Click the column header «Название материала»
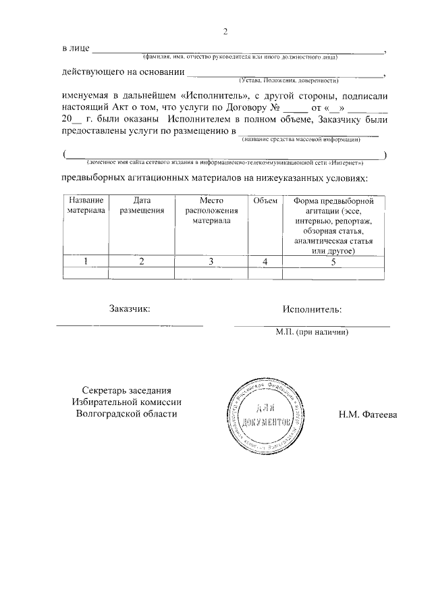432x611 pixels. point(85,206)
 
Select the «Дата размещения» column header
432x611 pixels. point(142,206)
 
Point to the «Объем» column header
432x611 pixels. point(265,201)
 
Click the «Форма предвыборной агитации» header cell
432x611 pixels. point(333,226)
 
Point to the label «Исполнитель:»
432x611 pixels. point(312,310)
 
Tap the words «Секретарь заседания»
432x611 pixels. point(127,390)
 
